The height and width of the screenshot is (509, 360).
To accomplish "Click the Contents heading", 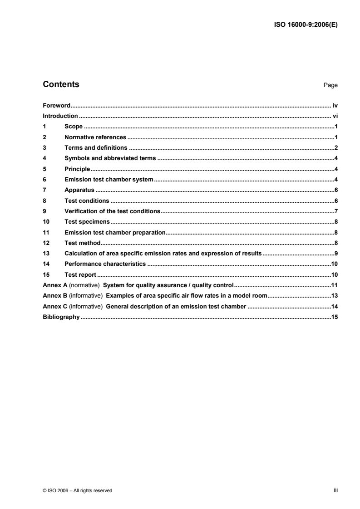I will coord(61,84).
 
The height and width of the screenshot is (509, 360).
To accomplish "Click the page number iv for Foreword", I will coord(335,105).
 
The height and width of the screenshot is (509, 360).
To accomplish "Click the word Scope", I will coord(74,127).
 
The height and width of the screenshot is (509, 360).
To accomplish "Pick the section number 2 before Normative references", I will coord(44,137).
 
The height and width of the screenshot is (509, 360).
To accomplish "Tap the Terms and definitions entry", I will coord(96,147).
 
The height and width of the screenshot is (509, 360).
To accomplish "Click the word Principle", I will coord(77,169).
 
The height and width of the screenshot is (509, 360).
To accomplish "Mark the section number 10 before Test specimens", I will coord(45,222).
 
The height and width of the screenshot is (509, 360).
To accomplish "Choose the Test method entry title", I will coord(83,243).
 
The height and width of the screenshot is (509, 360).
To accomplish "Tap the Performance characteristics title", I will coord(105,264).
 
